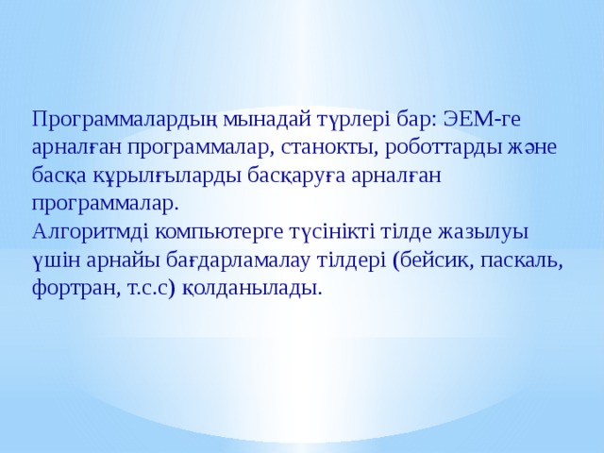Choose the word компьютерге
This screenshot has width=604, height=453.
click(212, 232)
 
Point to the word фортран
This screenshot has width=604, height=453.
click(74, 287)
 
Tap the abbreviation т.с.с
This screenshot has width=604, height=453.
click(159, 287)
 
